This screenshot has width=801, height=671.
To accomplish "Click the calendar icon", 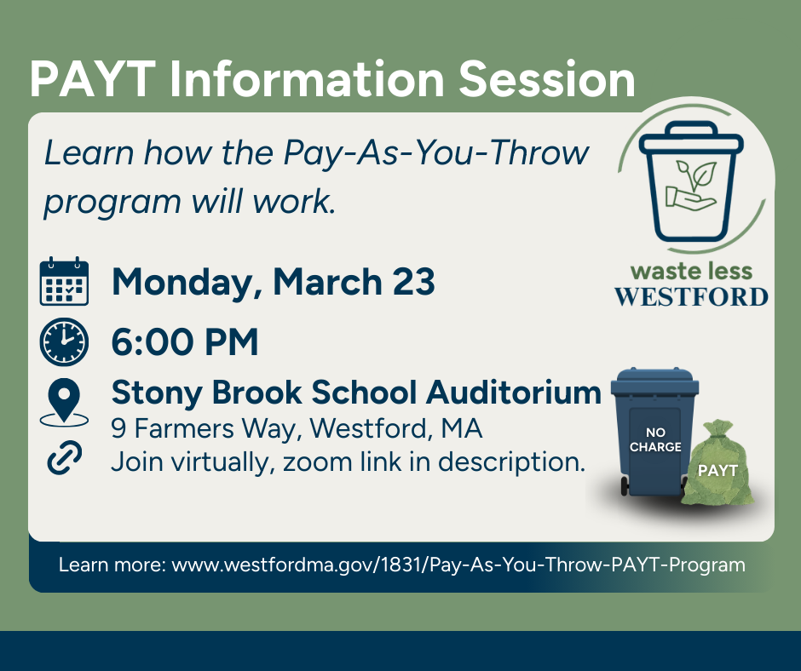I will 64,282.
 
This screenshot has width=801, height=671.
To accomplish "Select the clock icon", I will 64,341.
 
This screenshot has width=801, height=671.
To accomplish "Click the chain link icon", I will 64,459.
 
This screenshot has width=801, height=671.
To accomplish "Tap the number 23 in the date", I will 413,282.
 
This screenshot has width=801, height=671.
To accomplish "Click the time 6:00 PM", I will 185,342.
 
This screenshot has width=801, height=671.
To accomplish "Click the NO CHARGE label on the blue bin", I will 655,440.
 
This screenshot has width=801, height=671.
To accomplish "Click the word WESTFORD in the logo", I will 691,297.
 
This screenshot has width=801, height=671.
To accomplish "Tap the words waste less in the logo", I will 691,272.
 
